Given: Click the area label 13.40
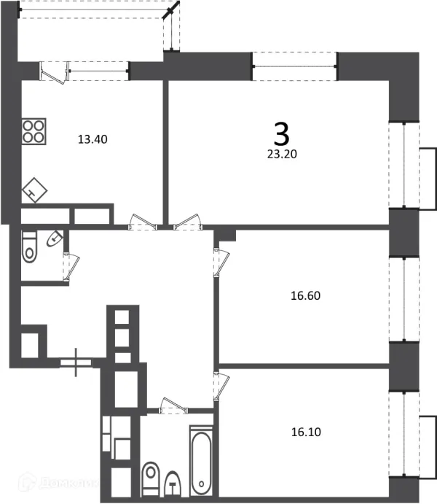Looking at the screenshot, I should pyautogui.click(x=92, y=139).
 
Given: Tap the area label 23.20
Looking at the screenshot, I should pyautogui.click(x=281, y=154).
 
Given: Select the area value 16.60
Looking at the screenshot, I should pyautogui.click(x=305, y=296).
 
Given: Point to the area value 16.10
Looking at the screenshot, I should pyautogui.click(x=305, y=431).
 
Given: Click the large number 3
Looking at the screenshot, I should pyautogui.click(x=281, y=133).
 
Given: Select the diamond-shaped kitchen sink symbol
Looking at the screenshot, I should pyautogui.click(x=34, y=190).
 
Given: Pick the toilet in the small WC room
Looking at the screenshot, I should pyautogui.click(x=30, y=247).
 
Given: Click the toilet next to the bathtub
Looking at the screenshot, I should pyautogui.click(x=151, y=478).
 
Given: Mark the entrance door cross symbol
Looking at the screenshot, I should pyautogui.click(x=77, y=361).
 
